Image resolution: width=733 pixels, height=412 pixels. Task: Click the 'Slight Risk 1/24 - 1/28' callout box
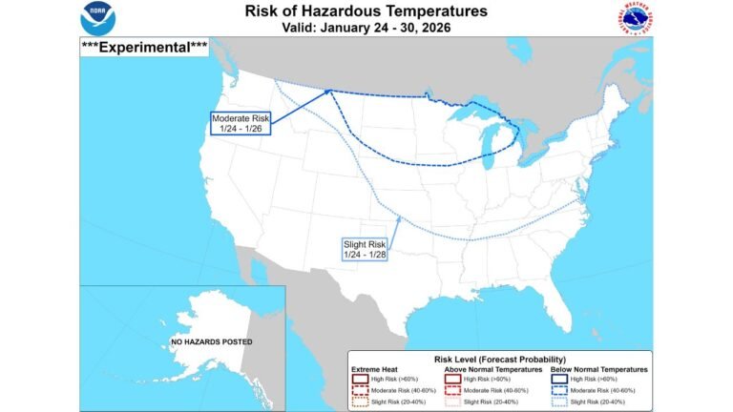click(365, 249)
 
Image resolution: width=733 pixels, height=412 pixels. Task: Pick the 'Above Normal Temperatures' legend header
click(493, 368)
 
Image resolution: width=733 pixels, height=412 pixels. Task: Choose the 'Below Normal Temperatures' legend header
click(600, 368)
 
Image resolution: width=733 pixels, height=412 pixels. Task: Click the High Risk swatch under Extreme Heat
click(359, 379)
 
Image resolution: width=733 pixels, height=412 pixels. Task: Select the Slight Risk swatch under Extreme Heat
click(359, 402)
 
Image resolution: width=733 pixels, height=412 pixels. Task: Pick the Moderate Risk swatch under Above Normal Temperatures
click(453, 391)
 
